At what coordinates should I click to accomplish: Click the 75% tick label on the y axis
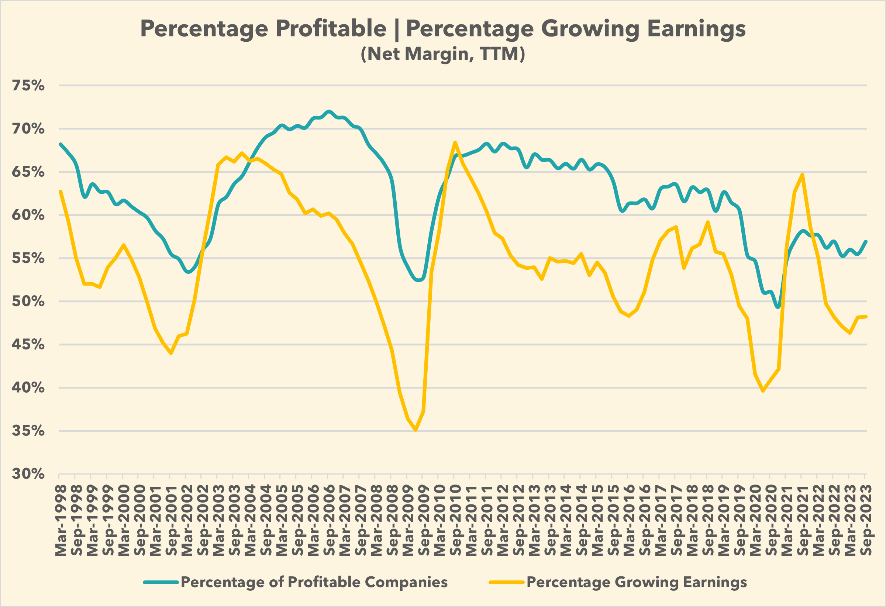point(28,86)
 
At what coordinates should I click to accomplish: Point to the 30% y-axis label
point(28,474)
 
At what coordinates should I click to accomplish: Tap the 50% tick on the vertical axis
point(28,301)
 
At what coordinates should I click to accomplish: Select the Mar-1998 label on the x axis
point(61,521)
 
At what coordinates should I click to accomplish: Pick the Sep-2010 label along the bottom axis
point(455,521)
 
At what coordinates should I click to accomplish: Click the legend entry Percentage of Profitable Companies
point(314,582)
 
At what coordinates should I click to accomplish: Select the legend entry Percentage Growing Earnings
point(637,582)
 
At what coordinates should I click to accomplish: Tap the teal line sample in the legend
point(161,583)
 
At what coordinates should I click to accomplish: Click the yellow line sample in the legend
point(507,583)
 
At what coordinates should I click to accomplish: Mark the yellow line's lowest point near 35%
point(416,431)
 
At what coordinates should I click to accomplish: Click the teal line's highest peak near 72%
point(329,111)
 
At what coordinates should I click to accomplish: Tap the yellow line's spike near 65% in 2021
point(803,175)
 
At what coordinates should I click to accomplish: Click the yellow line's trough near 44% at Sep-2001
point(171,353)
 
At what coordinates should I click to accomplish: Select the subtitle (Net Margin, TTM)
point(442,54)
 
